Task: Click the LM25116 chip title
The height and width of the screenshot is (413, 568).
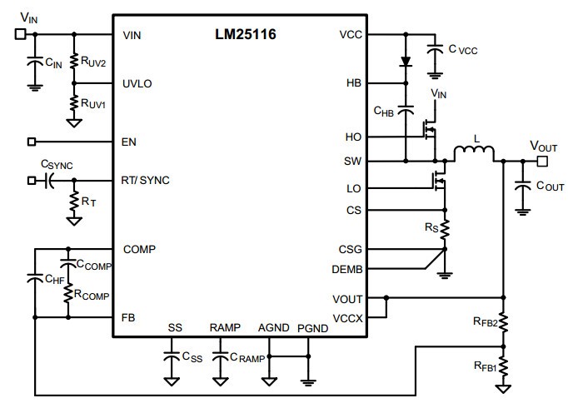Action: (x=246, y=34)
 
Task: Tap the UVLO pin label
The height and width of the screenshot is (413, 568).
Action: (x=137, y=84)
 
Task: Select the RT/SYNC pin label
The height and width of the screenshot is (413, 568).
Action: (x=145, y=180)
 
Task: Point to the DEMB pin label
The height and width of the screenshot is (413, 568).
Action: (x=347, y=270)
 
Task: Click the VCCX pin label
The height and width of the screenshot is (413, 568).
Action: (x=347, y=318)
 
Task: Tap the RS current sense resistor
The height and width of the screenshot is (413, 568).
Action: (x=445, y=229)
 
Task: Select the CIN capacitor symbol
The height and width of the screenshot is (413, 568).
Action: (x=35, y=62)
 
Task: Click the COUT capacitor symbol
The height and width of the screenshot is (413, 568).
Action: (x=522, y=186)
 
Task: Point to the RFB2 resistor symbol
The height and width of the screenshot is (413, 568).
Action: (x=504, y=322)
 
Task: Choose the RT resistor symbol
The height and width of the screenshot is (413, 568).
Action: (x=74, y=201)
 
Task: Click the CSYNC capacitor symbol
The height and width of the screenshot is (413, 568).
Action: (x=48, y=181)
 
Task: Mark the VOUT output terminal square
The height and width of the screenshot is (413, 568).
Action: (x=542, y=161)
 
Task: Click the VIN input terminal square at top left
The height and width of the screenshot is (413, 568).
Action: (x=21, y=34)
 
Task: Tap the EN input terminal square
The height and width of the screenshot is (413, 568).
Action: (x=32, y=142)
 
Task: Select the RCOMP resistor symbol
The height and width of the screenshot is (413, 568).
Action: (x=68, y=293)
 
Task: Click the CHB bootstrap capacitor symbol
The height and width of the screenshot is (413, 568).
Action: (x=406, y=110)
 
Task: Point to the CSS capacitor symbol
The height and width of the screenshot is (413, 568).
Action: (x=172, y=356)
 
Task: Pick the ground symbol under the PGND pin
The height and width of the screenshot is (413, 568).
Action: (x=308, y=382)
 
